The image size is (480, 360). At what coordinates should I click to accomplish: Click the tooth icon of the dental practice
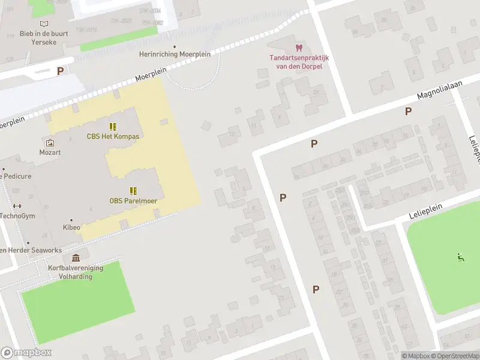298,47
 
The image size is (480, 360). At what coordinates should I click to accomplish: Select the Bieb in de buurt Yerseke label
44,38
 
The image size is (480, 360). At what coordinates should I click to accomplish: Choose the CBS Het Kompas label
113,136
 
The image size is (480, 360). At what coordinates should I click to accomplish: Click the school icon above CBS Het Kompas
112,126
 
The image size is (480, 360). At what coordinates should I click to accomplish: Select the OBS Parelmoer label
133,201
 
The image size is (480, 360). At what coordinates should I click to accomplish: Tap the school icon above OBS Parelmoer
133,191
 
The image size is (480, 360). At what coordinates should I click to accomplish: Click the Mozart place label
50,152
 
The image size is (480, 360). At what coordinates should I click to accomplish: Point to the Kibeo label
71,227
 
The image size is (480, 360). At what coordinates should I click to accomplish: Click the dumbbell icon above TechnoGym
17,206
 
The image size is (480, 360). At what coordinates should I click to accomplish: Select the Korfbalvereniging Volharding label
76,272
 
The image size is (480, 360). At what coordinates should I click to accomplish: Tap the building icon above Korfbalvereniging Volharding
76,258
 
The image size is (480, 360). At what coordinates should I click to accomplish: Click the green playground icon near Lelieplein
461,257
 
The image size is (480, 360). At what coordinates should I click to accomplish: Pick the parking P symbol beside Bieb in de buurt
60,71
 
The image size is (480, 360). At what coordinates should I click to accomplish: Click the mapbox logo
26,353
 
